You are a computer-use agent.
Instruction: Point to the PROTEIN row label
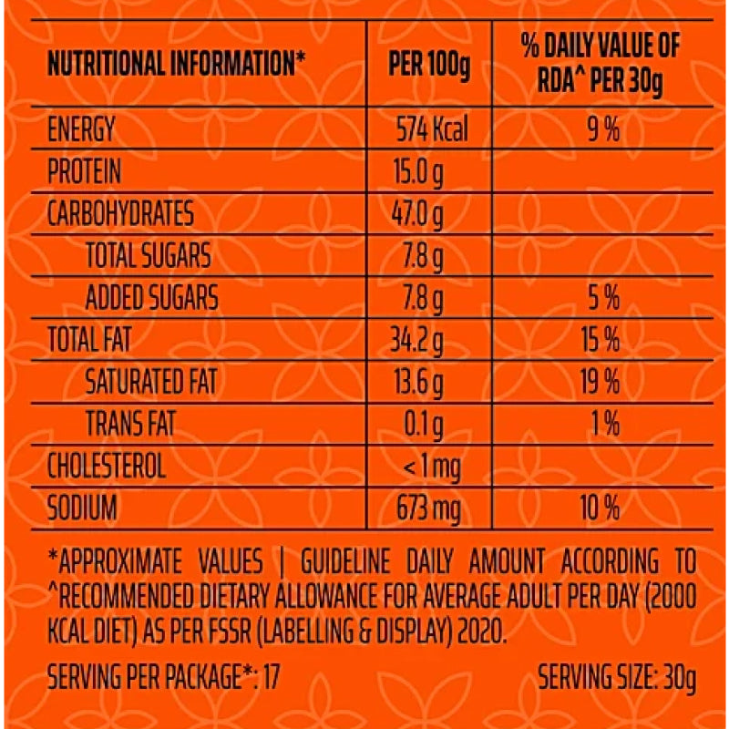point(84,172)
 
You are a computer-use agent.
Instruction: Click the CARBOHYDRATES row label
point(120,214)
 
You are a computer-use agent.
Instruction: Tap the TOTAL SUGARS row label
point(148,256)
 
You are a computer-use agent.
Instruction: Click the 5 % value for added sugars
point(602,298)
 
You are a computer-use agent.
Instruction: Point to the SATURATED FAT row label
point(151,383)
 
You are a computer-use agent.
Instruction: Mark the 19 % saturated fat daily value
point(601,383)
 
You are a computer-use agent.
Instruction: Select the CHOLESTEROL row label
point(107,467)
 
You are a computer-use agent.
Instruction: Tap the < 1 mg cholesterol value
point(431,467)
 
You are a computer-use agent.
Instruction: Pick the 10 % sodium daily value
point(601,508)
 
